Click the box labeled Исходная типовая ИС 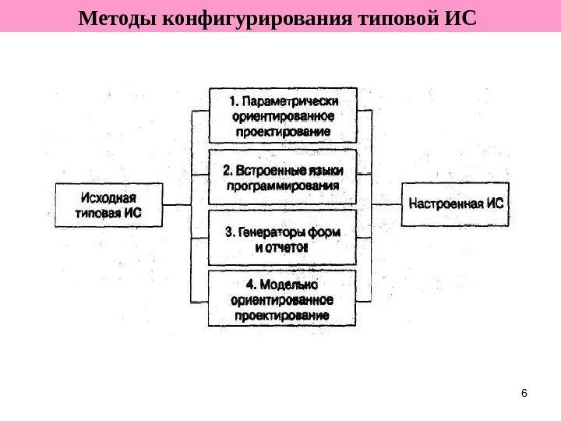pos(109,204)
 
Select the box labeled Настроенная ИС pos(457,204)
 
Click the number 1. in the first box pos(234,102)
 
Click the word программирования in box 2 pos(283,186)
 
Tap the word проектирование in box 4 pos(282,316)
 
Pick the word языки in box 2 pos(326,170)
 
